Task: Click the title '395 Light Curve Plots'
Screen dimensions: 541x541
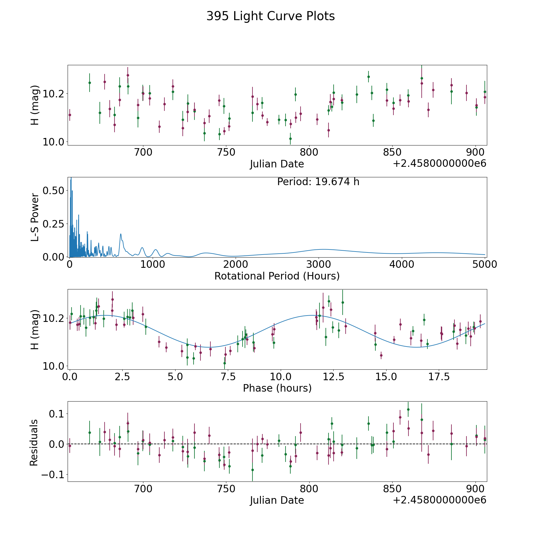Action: click(270, 16)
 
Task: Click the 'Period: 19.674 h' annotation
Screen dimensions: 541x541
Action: click(318, 182)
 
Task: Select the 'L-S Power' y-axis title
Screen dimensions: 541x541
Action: click(35, 217)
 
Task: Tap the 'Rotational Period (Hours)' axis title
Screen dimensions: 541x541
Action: click(277, 276)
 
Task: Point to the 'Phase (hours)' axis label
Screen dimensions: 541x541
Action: click(277, 388)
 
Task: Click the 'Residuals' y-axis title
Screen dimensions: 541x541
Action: click(34, 442)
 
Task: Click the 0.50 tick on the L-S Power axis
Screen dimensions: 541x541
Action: click(53, 191)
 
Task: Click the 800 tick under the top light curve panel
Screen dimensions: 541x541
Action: click(309, 152)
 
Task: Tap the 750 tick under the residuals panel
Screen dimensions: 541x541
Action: click(226, 489)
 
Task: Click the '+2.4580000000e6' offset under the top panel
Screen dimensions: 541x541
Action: click(439, 164)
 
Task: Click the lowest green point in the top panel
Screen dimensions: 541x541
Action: click(290, 139)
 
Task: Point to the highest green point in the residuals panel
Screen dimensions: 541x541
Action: click(408, 409)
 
